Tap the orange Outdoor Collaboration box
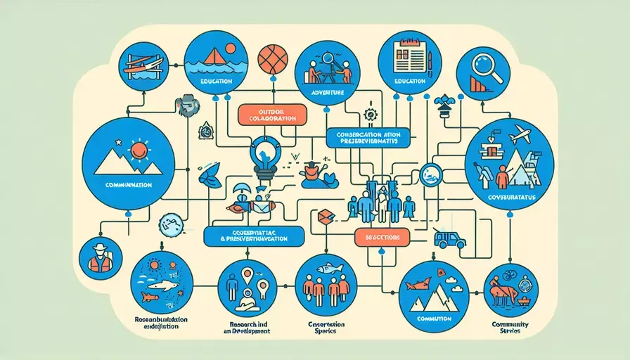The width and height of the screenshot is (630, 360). [x=271, y=115]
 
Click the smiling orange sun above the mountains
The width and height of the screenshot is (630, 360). [x=138, y=150]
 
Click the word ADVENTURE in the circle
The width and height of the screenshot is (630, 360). [x=328, y=91]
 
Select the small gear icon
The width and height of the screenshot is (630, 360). [x=371, y=112]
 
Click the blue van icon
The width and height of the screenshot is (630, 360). [x=450, y=240]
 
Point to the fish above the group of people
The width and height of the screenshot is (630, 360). [x=328, y=268]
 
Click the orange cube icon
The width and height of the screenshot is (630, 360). [x=325, y=219]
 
